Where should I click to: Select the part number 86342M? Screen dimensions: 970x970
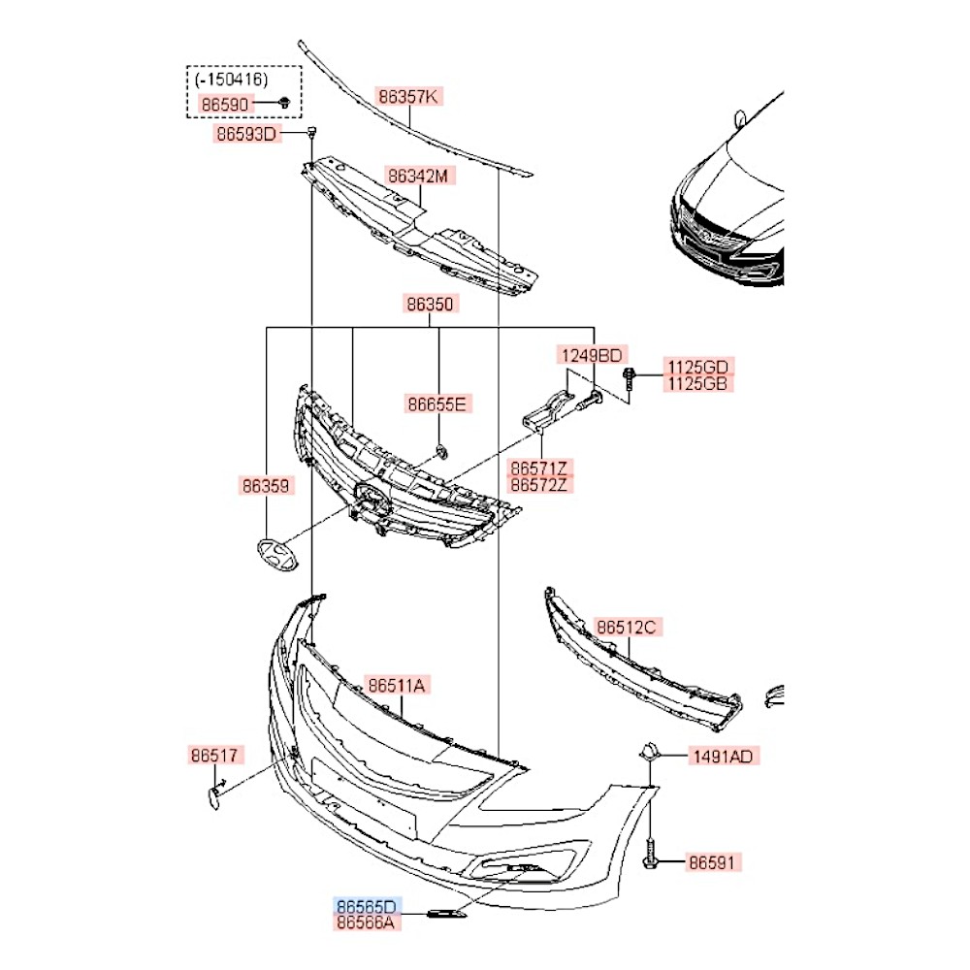point(419,177)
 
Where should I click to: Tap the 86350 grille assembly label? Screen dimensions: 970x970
point(430,304)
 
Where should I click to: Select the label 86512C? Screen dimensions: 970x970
point(627,628)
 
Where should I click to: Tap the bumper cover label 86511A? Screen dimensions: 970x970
point(397,686)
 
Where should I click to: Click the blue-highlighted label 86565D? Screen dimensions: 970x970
point(366,906)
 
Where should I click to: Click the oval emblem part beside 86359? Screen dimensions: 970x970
point(276,554)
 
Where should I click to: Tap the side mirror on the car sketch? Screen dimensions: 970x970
point(739,119)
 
